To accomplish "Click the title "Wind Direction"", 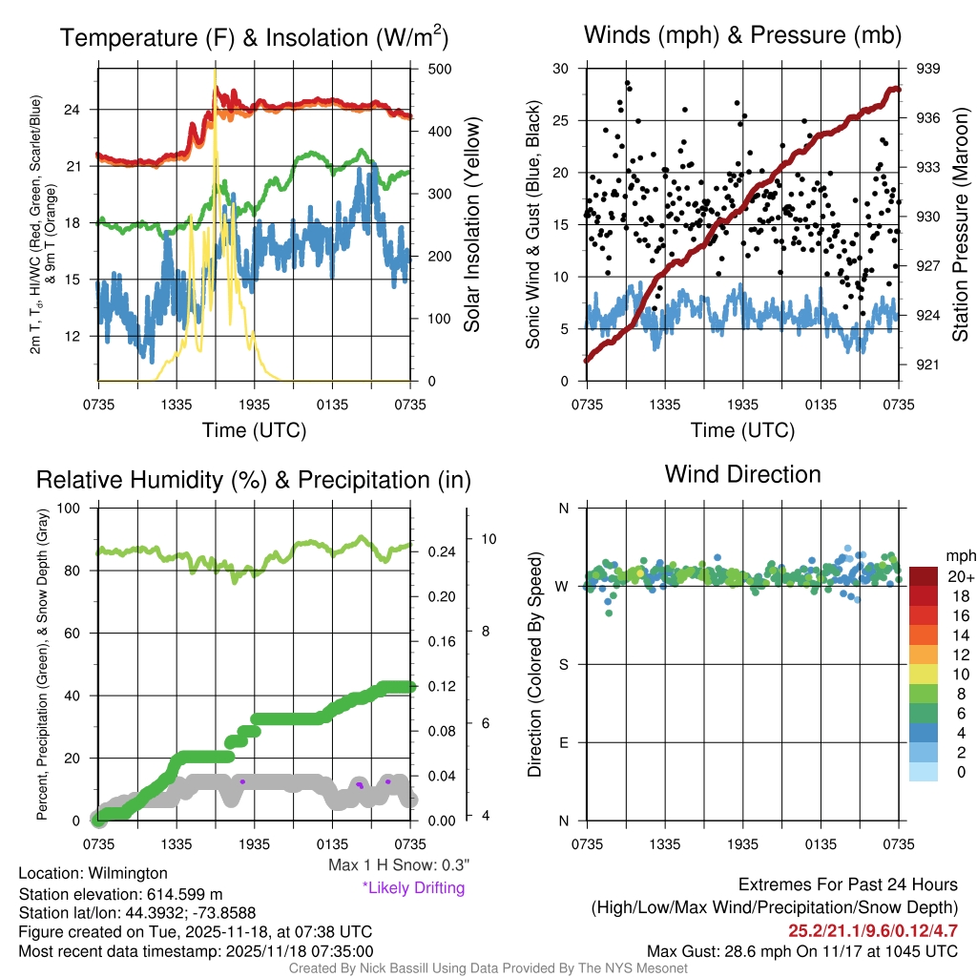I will coord(742,474).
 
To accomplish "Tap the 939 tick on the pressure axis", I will coord(928,68).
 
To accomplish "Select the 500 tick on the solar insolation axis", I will coord(440,69).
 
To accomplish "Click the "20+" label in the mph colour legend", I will coord(960,576).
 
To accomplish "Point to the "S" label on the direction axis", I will coord(563,664).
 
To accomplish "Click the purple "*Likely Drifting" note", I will coord(413,888).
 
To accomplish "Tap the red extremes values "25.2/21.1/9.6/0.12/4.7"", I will coord(873,930).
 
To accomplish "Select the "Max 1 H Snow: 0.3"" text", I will coord(399,865).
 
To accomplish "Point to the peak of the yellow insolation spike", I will coord(215,70).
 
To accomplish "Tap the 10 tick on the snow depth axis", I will coord(489,538).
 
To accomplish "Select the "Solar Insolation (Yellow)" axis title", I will coord(472,224).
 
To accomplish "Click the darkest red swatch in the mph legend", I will coord(923,576).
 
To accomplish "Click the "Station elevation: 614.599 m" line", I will coord(120,894).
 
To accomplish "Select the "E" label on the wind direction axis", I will coord(563,742).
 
